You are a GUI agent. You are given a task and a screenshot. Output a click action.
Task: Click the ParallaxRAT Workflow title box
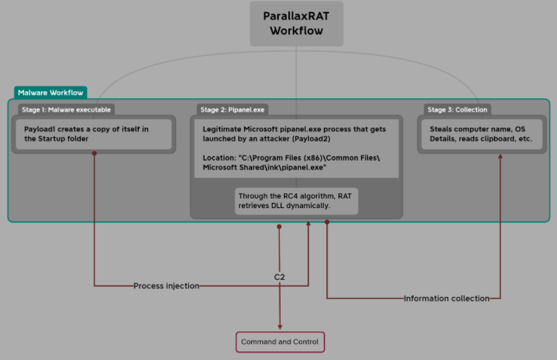point(297,23)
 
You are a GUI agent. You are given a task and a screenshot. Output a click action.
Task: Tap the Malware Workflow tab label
point(50,93)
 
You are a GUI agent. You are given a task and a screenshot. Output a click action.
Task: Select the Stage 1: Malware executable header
point(66,110)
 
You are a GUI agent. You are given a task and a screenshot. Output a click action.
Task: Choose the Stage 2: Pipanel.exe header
point(233,110)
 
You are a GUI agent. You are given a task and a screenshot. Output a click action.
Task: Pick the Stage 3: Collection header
point(457,110)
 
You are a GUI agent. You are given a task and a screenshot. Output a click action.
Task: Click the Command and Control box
point(280,342)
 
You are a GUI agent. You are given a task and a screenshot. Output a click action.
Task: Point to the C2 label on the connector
point(279,277)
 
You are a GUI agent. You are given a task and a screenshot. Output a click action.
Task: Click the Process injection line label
point(166,286)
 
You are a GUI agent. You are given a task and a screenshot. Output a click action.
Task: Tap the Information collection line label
point(447,299)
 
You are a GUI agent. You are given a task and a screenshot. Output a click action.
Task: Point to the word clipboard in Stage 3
point(491,139)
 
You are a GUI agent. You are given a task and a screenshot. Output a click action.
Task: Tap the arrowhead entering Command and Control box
point(280,327)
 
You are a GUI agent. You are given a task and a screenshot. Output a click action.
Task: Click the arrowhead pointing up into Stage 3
point(500,156)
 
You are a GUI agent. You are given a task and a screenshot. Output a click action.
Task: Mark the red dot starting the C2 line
point(279,227)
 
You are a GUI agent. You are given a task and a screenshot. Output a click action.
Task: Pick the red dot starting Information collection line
point(327,222)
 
